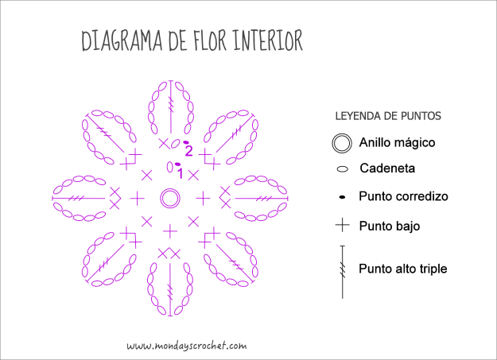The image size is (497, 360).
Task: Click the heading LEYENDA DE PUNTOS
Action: tap(388, 116)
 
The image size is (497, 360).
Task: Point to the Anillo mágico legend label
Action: tap(397, 143)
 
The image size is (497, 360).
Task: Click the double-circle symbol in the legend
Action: tap(342, 143)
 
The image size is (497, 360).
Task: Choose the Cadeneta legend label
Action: tap(387, 168)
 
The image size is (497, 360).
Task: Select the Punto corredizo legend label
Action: tap(403, 196)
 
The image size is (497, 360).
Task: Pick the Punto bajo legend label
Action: tap(389, 226)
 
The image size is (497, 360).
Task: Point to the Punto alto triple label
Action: tap(402, 269)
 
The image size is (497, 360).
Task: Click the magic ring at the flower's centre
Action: tap(169, 198)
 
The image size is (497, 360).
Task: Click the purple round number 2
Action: tap(188, 150)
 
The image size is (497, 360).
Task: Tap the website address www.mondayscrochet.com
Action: tap(186, 346)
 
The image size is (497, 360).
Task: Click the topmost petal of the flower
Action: tap(170, 109)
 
